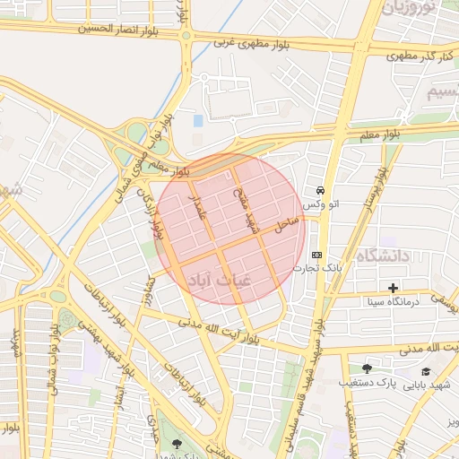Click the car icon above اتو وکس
click(320, 190)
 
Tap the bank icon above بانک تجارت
click(316, 255)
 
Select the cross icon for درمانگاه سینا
click(393, 288)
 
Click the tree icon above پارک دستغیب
click(366, 368)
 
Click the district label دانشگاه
click(383, 256)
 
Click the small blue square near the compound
click(198, 120)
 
